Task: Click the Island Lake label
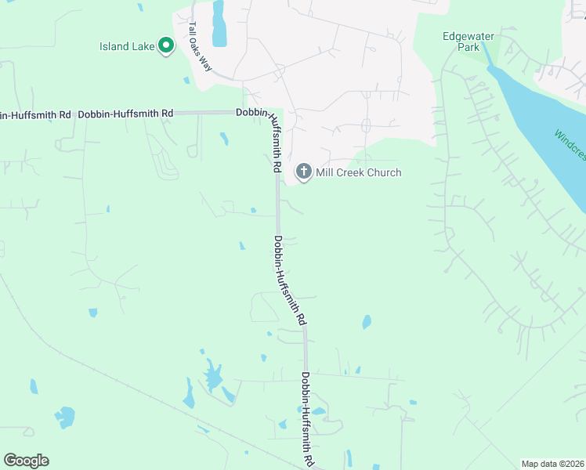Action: tap(127, 46)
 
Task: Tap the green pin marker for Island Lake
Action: tap(166, 45)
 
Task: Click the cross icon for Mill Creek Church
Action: tap(303, 172)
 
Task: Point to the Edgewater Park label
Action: tap(468, 41)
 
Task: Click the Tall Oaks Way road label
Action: tap(201, 47)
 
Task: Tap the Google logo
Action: tap(26, 461)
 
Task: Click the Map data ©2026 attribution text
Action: tap(552, 464)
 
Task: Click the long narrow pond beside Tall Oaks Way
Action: tap(218, 23)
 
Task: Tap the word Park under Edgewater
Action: tap(468, 47)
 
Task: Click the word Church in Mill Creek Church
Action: tap(382, 172)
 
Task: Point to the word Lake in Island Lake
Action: tap(143, 46)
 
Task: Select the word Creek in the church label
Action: tap(350, 172)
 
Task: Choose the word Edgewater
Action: tap(468, 35)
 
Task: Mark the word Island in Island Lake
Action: tap(114, 46)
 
